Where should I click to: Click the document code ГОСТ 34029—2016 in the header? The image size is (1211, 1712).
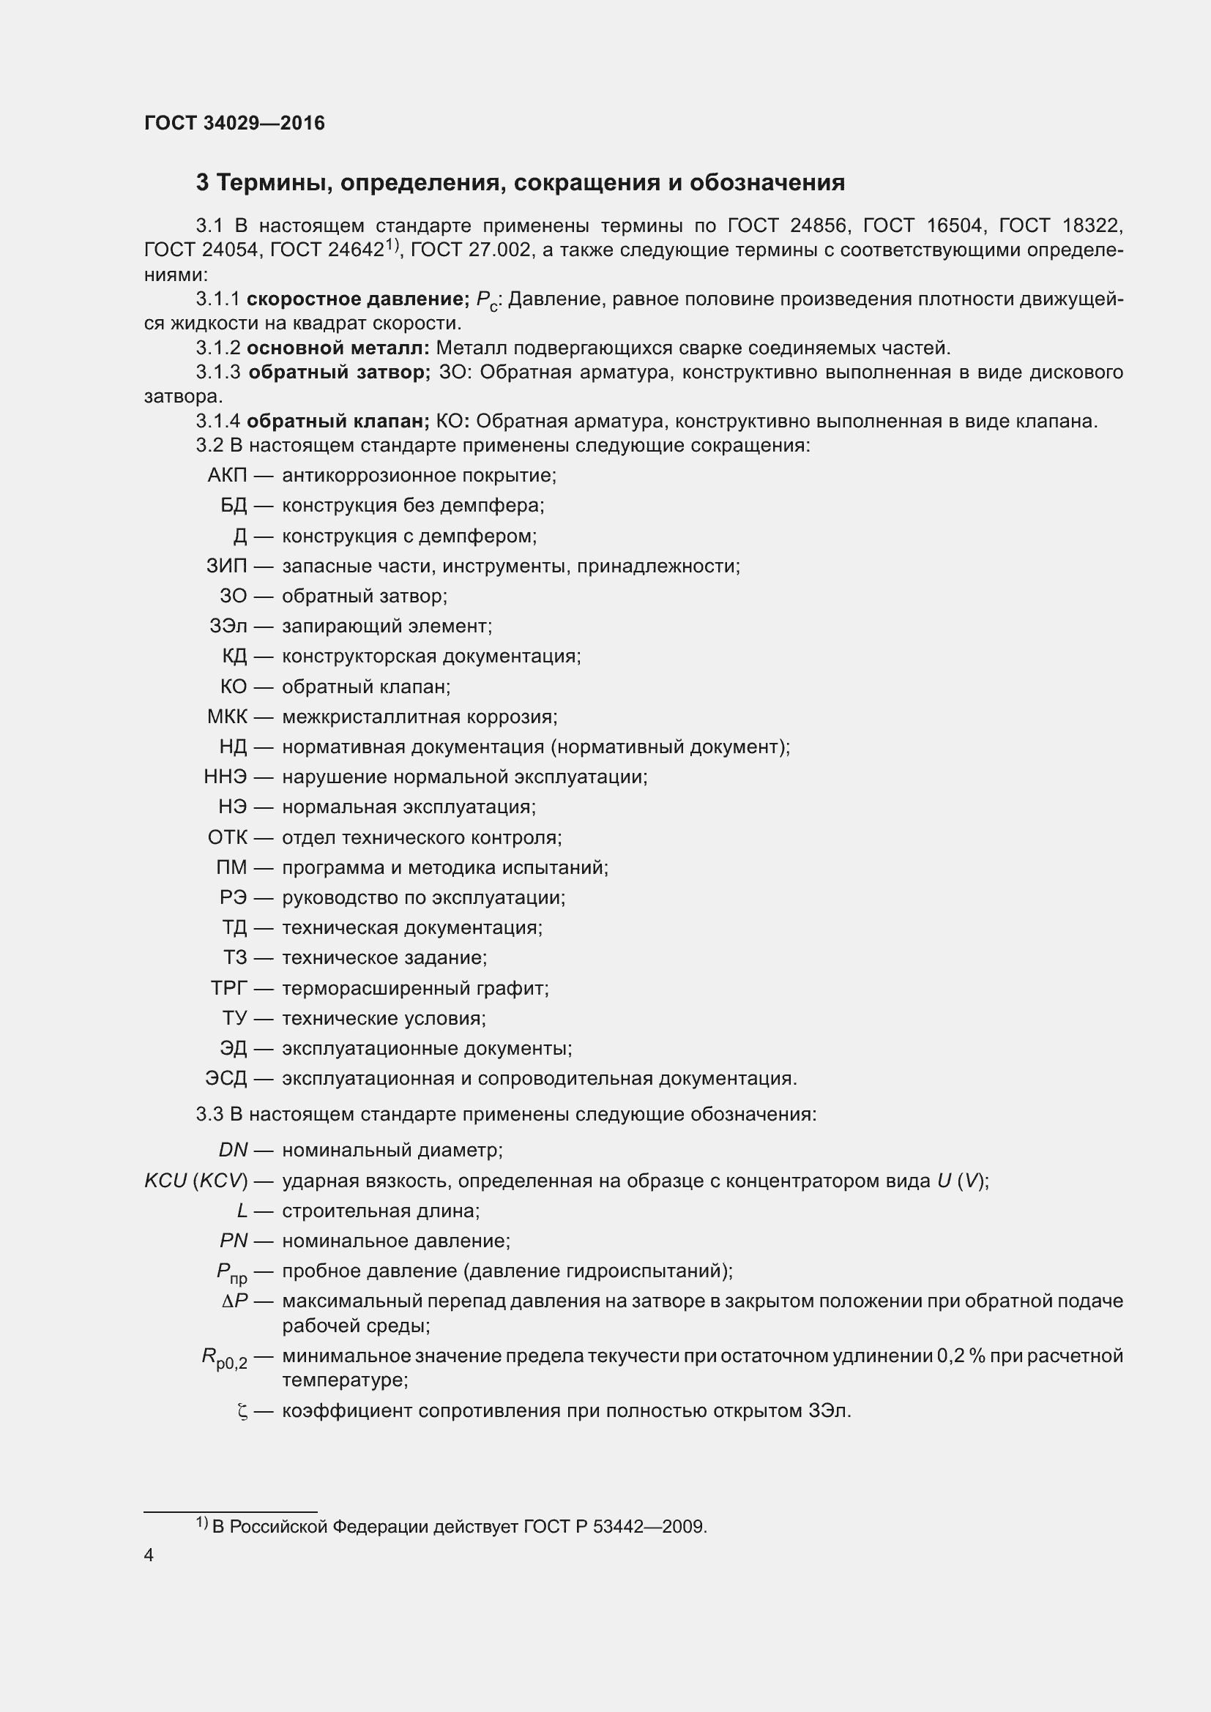[x=234, y=123]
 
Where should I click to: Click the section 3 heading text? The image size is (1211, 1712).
[x=520, y=183]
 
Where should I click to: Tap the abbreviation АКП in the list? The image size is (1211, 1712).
[x=228, y=476]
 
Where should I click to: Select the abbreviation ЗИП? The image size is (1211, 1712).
[x=227, y=566]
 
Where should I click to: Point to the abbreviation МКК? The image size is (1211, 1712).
[x=228, y=717]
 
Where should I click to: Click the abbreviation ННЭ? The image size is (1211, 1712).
[x=226, y=777]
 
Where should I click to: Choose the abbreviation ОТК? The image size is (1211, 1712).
[x=228, y=837]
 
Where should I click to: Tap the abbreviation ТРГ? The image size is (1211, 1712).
[x=229, y=989]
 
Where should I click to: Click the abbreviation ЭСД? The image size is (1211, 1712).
[x=226, y=1079]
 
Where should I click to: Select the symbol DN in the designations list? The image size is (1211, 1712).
[x=233, y=1151]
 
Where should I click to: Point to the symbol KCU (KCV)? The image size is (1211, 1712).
[x=195, y=1181]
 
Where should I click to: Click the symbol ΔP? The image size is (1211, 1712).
[x=235, y=1301]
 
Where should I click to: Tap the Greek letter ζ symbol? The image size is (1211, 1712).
[x=242, y=1411]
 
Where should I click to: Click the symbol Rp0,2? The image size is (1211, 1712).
[x=225, y=1358]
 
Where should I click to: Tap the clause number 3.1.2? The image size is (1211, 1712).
[x=217, y=348]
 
